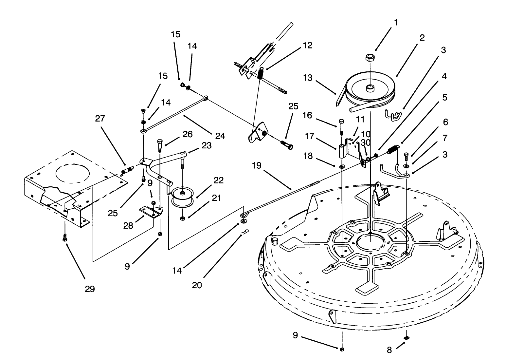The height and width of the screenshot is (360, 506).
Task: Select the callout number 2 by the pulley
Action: click(x=422, y=38)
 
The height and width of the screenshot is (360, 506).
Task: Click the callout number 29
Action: click(x=90, y=289)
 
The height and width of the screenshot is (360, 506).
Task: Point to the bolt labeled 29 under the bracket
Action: click(x=65, y=237)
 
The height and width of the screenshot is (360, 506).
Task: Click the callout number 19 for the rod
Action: click(x=257, y=166)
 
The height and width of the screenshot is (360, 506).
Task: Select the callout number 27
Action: click(x=100, y=118)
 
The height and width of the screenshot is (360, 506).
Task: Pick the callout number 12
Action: click(x=308, y=45)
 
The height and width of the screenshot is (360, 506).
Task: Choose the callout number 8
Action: click(x=389, y=350)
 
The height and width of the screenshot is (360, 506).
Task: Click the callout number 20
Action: click(x=197, y=285)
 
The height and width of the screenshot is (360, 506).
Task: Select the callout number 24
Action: click(x=220, y=136)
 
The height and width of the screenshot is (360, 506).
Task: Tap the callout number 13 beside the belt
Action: click(x=308, y=78)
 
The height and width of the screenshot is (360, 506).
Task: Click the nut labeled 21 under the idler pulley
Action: click(x=183, y=219)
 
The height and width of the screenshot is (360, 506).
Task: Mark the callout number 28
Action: click(x=128, y=225)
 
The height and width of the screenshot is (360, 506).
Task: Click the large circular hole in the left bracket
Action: click(x=72, y=172)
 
